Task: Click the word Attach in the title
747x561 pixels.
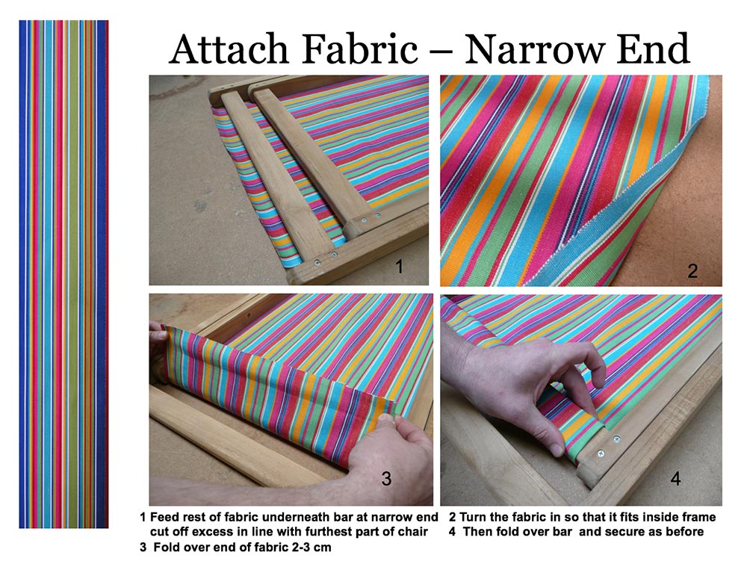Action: coord(229,49)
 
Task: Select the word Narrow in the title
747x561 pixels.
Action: coord(534,49)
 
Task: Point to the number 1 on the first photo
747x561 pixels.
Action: coord(399,267)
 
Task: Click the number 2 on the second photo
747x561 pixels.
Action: coord(692,271)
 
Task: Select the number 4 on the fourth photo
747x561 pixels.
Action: coord(675,478)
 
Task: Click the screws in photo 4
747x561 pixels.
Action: coord(608,446)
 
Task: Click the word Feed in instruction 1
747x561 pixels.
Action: coord(165,517)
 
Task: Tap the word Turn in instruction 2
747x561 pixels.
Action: coord(473,517)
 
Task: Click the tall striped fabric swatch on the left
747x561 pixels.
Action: coord(63,274)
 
